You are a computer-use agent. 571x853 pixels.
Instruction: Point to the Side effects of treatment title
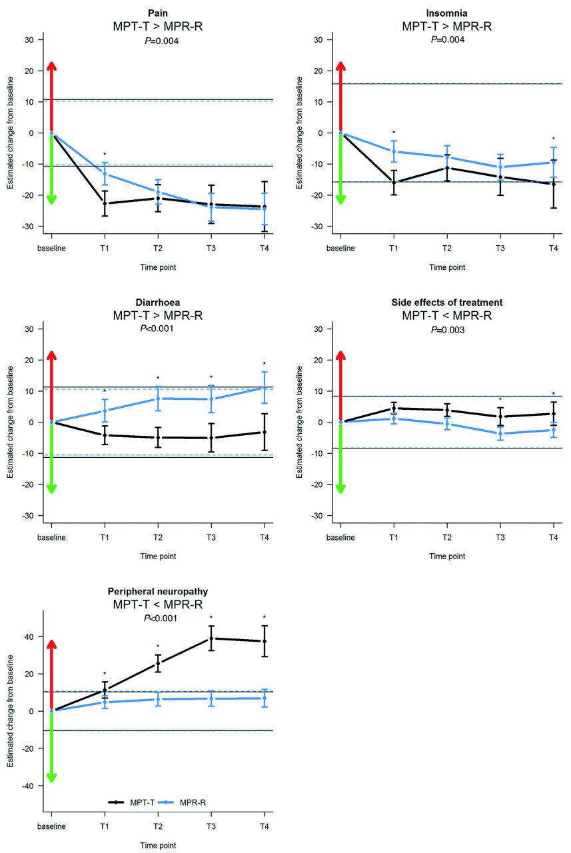tap(446, 302)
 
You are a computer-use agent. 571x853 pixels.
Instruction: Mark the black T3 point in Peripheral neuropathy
tap(211, 638)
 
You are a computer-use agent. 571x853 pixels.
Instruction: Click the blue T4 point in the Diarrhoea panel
tap(264, 388)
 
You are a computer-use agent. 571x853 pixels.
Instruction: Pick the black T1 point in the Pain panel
tap(105, 203)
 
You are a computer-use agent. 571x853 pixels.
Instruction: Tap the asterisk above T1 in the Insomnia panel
tap(394, 133)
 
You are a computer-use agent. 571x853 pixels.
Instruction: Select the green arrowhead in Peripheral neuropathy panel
tap(51, 778)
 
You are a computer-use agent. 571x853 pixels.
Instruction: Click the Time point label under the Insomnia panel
tap(446, 267)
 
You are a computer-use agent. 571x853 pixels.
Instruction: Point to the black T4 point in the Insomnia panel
tap(553, 184)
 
